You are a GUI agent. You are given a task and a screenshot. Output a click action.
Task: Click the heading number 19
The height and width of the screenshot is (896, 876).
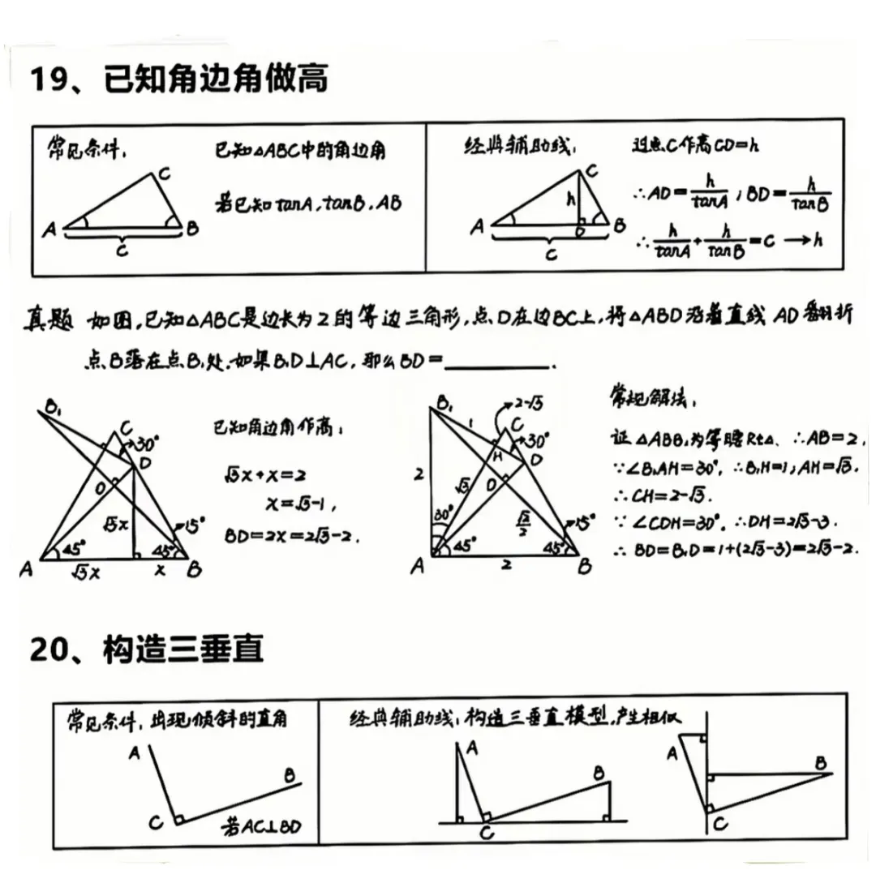pos(49,81)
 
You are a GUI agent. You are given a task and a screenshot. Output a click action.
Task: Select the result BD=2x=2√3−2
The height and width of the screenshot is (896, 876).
pos(292,537)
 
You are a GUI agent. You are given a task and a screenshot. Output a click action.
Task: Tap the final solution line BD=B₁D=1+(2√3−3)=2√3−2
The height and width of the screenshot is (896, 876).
pos(734,550)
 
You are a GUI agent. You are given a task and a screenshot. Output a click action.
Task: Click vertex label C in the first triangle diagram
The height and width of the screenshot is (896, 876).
pos(163,173)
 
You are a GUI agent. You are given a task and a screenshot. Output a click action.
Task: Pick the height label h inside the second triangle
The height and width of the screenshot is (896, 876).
pos(570,196)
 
